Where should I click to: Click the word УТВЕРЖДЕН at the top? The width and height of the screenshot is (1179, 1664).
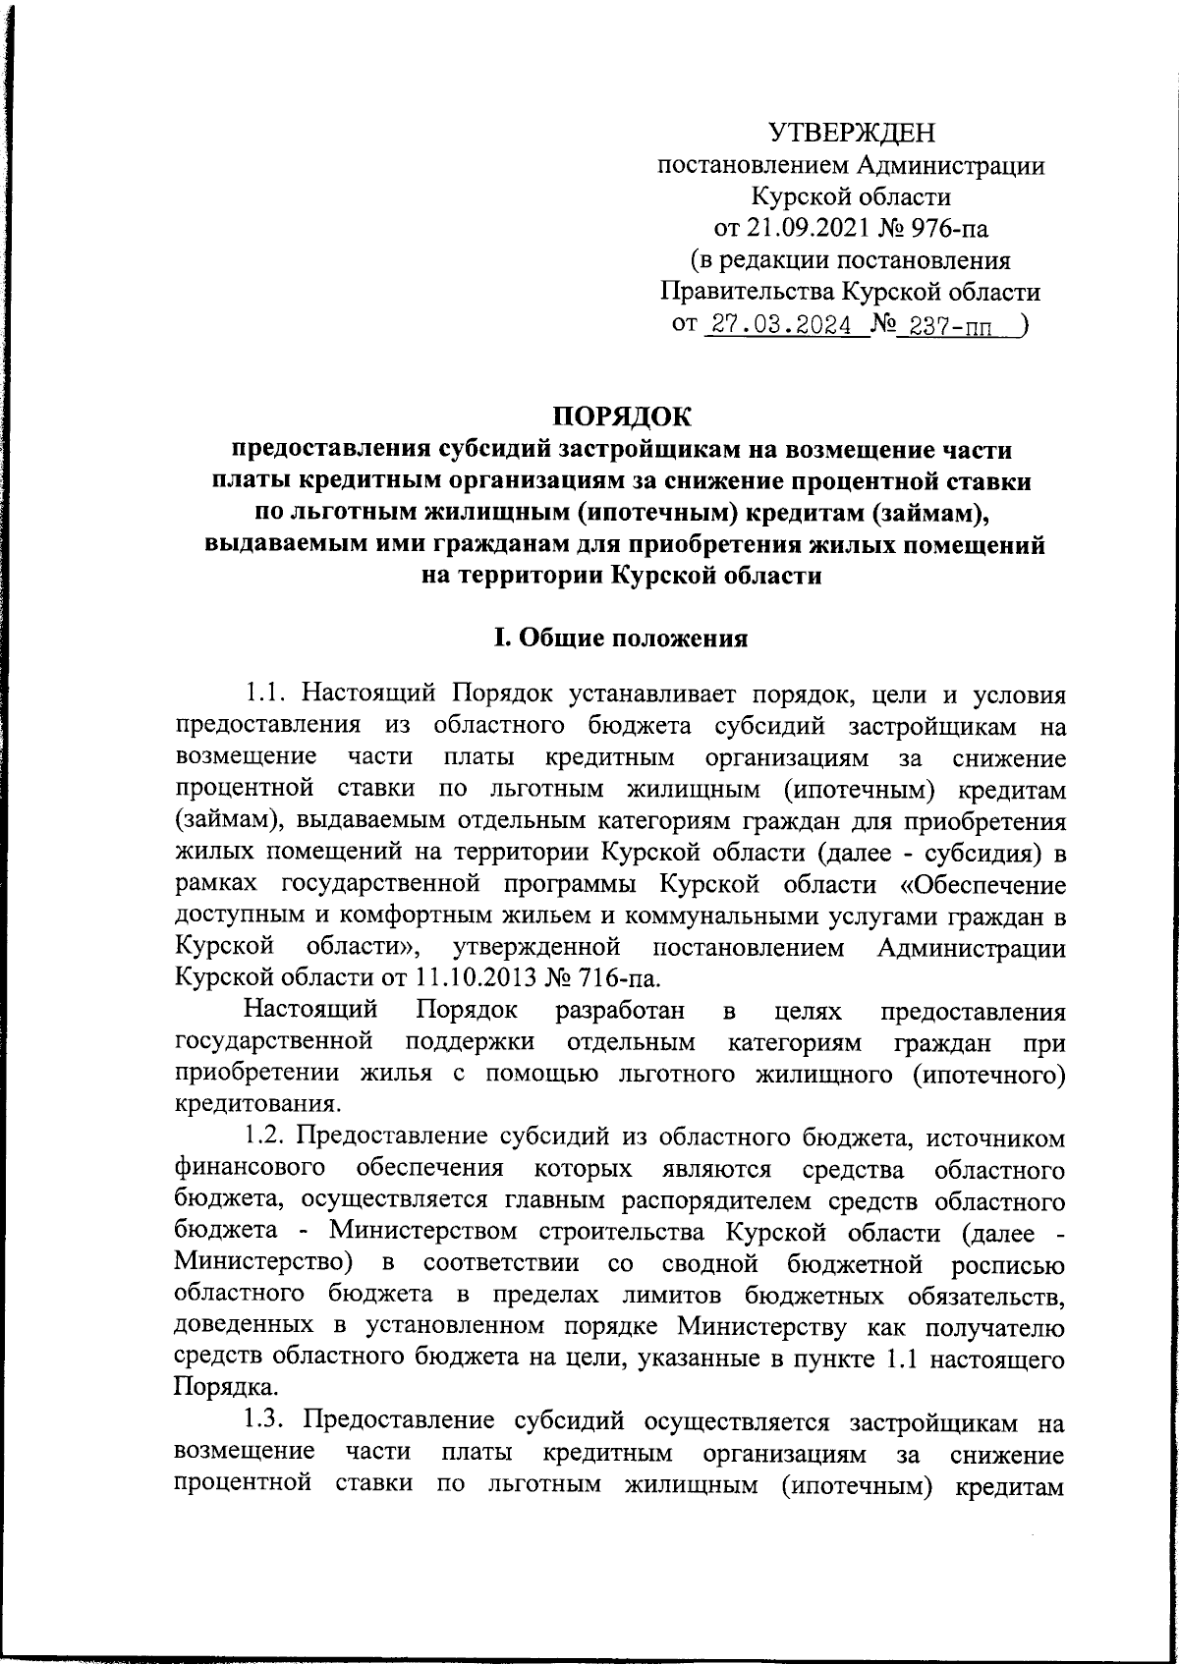tap(851, 132)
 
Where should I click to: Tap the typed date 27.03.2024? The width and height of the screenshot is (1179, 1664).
tap(781, 325)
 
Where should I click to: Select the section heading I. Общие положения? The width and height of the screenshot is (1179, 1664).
tap(620, 638)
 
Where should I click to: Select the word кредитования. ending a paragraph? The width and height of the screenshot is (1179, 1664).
tap(257, 1103)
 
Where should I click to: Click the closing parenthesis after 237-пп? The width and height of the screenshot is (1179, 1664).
tap(1024, 324)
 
